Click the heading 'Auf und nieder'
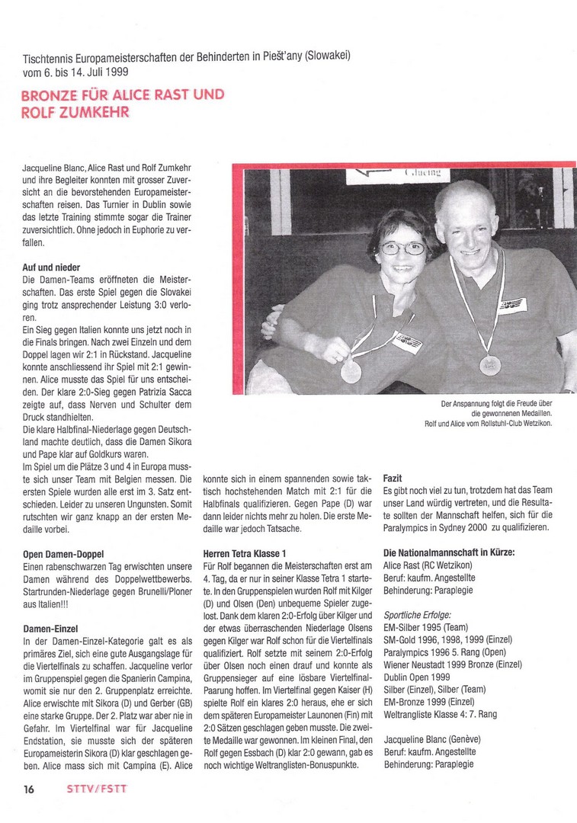pos(55,268)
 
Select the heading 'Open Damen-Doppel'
pos(63,553)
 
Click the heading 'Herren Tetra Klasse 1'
pos(251,553)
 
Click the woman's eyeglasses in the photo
pos(402,248)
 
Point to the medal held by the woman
pos(351,371)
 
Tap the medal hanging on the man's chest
pos(490,365)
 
